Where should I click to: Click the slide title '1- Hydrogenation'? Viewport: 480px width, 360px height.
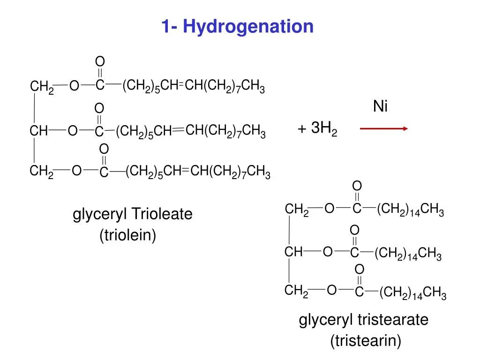coord(238,26)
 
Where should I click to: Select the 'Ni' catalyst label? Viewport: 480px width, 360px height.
coord(380,107)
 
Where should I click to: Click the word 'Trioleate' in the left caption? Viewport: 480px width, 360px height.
coord(162,215)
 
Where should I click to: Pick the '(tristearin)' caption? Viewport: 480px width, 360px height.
coord(366,341)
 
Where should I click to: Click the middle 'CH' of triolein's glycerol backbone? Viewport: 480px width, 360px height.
coord(39,132)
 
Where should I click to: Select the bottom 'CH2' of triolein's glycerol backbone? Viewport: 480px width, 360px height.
coord(42,172)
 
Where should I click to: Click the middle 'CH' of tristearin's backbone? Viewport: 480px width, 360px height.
coord(294,252)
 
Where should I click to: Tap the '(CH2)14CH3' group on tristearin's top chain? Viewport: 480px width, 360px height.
coord(410,210)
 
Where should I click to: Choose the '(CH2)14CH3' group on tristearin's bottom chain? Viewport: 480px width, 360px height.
coord(413,294)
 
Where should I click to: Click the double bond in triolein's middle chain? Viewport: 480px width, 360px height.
coord(179,131)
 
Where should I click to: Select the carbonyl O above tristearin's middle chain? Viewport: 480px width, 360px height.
coord(355,230)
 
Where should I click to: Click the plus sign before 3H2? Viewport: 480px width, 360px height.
coord(302,129)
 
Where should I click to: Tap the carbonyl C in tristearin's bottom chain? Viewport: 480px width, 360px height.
coord(359,292)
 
